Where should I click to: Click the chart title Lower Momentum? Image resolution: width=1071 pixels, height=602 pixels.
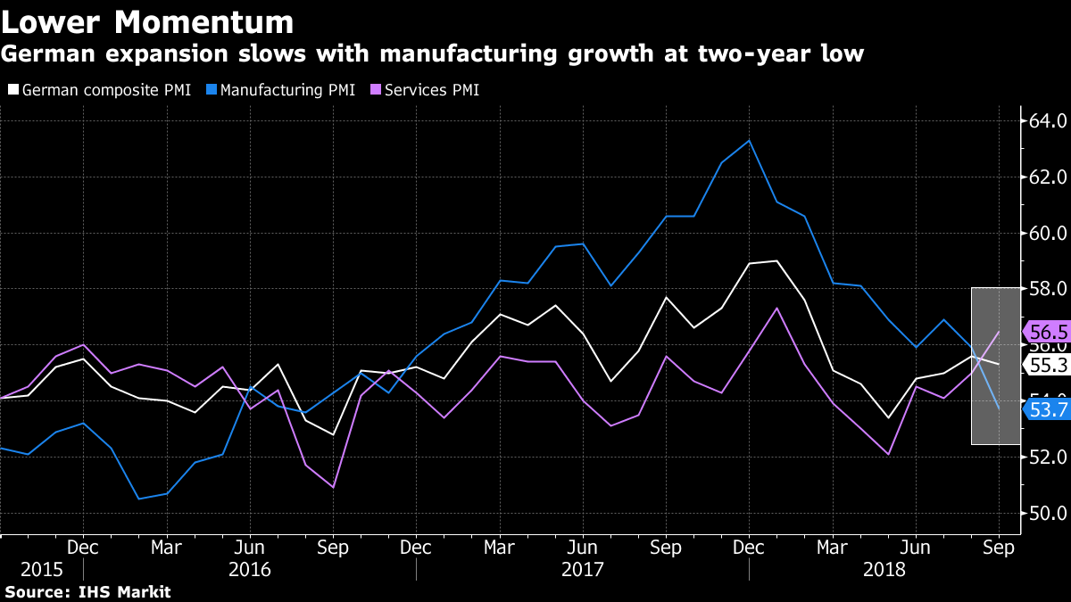tap(148, 21)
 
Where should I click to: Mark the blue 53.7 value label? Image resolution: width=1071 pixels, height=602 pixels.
tap(1048, 409)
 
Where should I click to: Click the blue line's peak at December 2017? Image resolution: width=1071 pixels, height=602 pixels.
tap(750, 140)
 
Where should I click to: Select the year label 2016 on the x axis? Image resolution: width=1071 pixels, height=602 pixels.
tap(250, 568)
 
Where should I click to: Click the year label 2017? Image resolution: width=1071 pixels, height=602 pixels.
tap(584, 568)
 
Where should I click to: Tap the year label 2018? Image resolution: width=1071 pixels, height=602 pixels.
tap(884, 568)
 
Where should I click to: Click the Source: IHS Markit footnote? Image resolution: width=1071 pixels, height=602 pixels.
tap(87, 591)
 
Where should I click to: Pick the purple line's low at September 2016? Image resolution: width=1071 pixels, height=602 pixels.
tap(333, 487)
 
